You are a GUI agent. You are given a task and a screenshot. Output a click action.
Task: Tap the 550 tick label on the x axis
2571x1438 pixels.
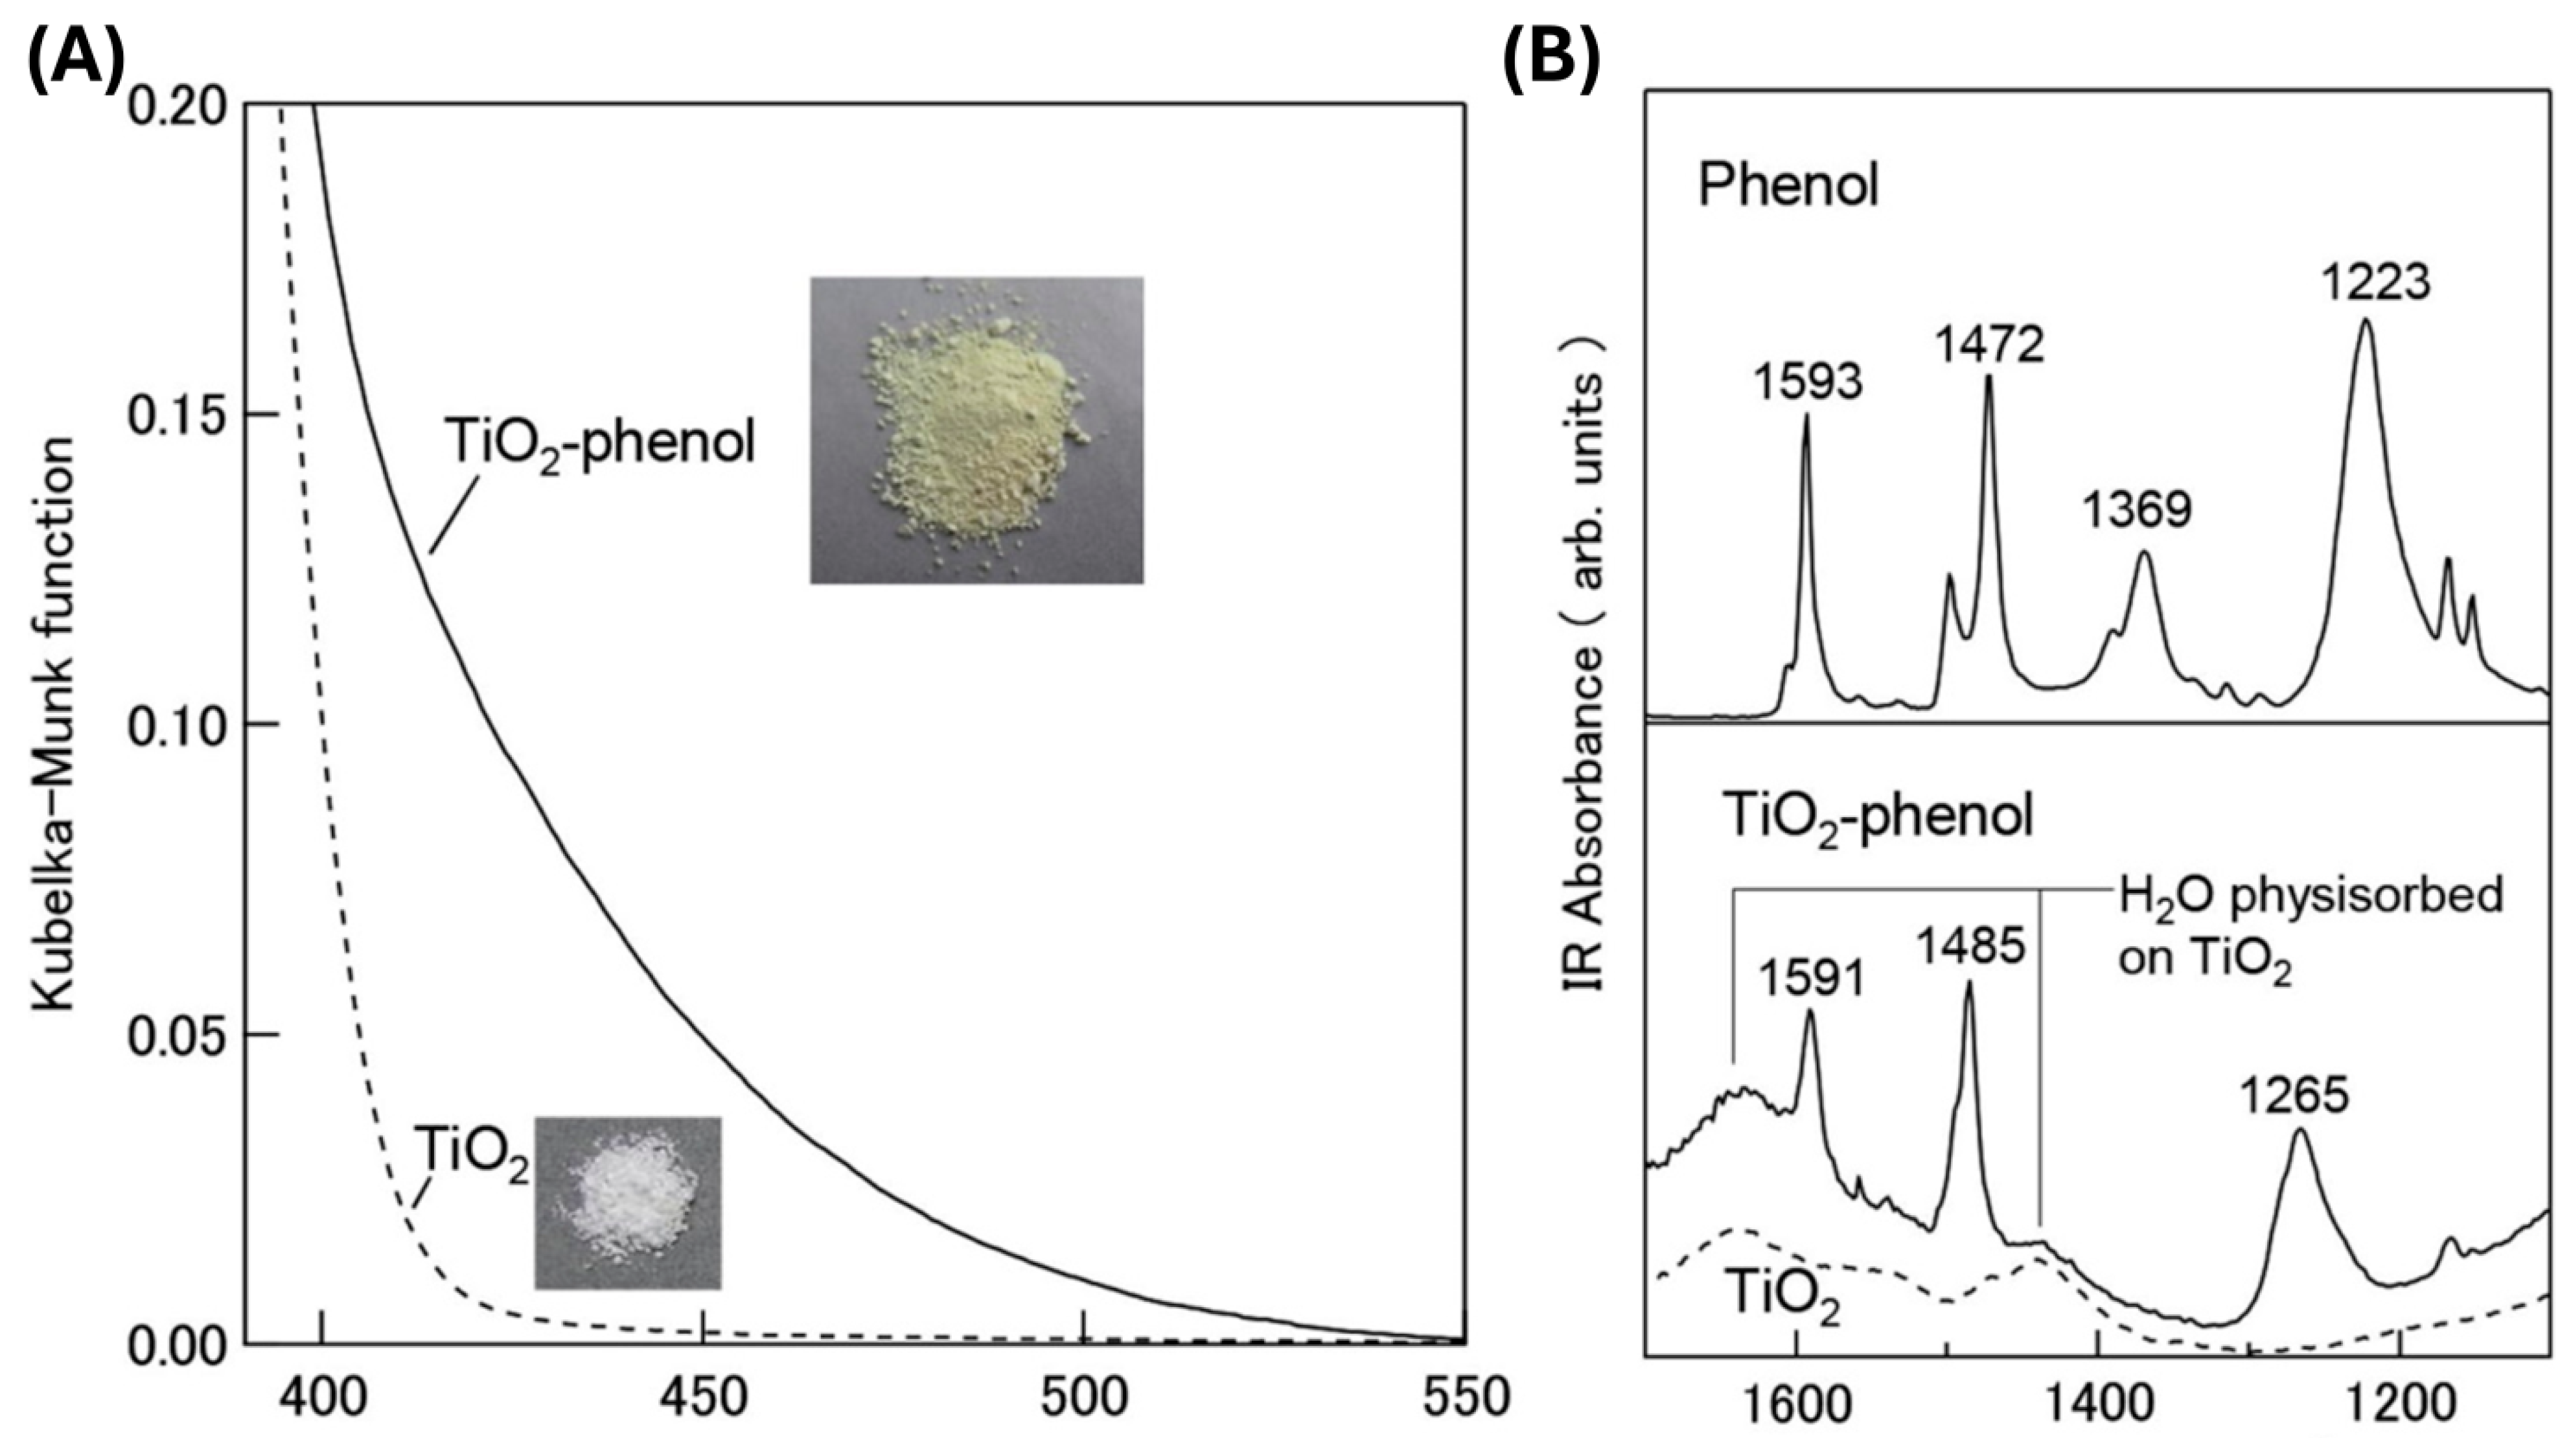point(1464,1398)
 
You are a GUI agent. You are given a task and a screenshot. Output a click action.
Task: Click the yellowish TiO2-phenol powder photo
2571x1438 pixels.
point(976,430)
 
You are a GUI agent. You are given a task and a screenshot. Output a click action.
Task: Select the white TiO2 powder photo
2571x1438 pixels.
point(628,1203)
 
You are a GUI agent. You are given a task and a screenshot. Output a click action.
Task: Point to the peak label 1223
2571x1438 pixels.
point(2375,283)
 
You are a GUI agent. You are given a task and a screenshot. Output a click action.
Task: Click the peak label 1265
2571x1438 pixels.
point(2294,1096)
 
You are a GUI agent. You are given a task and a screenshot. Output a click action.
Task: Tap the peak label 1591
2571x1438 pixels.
point(1812,978)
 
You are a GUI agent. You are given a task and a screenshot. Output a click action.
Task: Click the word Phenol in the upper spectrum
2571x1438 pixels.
point(1788,185)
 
